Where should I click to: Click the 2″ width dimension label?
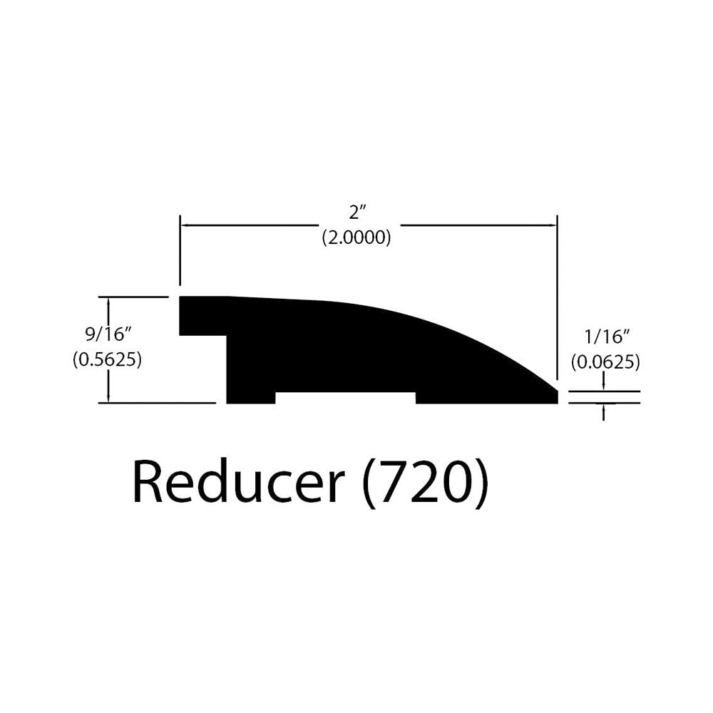click(356, 212)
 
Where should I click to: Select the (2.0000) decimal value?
click(356, 237)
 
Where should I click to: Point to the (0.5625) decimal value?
click(108, 359)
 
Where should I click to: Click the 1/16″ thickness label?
click(607, 337)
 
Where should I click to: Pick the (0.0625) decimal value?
click(606, 362)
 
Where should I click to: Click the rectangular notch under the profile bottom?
click(345, 397)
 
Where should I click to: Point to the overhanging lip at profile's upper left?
click(202, 316)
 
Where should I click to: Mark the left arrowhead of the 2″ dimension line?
click(185, 225)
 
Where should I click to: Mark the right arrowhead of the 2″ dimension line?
click(553, 225)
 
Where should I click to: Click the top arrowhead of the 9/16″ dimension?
click(108, 301)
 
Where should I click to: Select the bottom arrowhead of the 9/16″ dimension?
click(108, 398)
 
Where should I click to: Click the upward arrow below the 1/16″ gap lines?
click(603, 411)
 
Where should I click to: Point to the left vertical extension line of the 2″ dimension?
click(180, 250)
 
